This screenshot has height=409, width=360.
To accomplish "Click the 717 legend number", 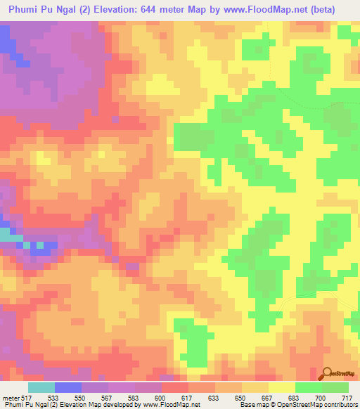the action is [346, 398].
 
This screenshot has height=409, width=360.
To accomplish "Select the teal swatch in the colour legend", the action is [41, 387].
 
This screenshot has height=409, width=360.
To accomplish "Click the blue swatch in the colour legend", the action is [68, 387].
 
